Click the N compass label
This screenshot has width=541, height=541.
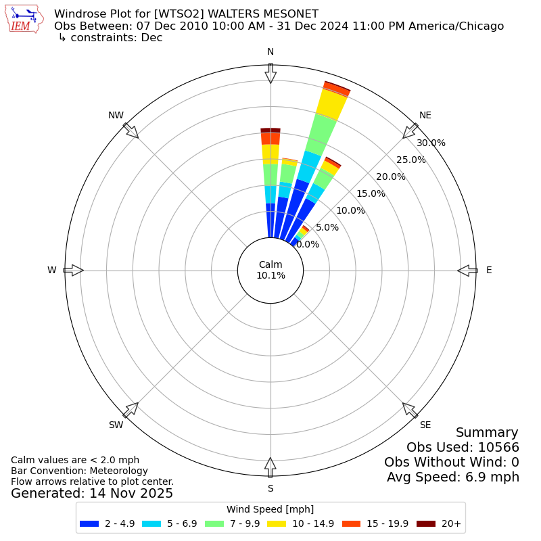270,52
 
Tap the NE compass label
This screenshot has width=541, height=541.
425,116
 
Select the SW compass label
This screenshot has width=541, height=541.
116,425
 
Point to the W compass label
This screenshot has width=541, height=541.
52,270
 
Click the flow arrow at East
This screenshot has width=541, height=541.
467,270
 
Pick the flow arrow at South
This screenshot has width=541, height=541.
270,467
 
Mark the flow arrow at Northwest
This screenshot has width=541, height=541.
131,131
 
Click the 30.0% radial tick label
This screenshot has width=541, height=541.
431,143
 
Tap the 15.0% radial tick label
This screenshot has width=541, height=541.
371,193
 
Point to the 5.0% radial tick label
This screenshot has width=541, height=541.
327,227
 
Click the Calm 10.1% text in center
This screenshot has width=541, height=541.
270,270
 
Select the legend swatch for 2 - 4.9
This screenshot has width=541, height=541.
89,523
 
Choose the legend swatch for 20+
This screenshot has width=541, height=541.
426,523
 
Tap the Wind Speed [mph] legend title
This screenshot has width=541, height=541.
270,509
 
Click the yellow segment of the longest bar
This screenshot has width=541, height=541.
331,105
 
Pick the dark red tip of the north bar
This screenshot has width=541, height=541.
270,130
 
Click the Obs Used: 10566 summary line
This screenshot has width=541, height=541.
463,447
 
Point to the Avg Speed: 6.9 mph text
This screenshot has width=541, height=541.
453,477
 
